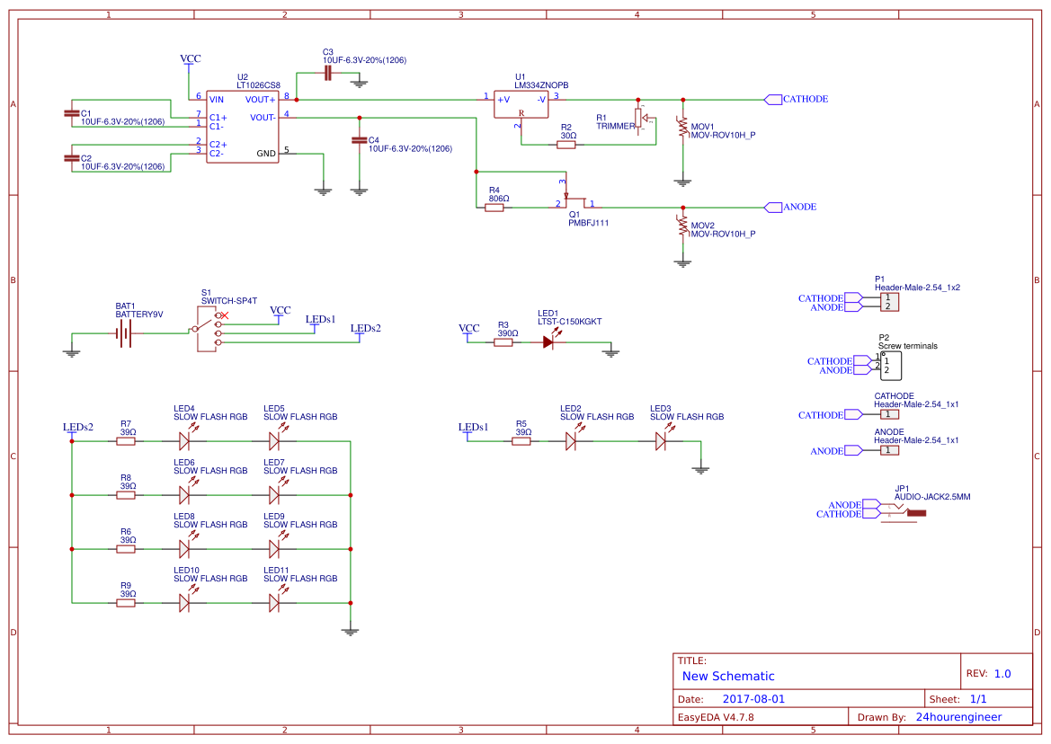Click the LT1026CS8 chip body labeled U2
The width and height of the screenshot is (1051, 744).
pos(242,127)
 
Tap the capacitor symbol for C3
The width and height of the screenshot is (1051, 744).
pos(328,72)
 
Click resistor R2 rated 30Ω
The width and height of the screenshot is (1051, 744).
pos(566,144)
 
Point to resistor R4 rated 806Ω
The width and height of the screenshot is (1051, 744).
pos(494,208)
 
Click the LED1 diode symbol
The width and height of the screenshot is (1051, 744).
pos(548,341)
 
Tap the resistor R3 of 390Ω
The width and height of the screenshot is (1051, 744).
pos(503,341)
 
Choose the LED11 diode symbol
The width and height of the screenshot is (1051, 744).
pos(275,603)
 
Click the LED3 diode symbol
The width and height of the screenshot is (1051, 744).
pos(661,441)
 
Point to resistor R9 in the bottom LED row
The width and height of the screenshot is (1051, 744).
pos(126,603)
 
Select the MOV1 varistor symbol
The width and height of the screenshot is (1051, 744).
pos(682,130)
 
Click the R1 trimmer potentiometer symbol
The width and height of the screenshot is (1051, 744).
pos(640,118)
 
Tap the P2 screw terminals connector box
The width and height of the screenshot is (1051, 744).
pos(890,366)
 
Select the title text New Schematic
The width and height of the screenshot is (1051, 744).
pos(728,676)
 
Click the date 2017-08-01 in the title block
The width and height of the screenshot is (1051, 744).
pos(753,699)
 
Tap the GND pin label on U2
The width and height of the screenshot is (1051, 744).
pos(266,154)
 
